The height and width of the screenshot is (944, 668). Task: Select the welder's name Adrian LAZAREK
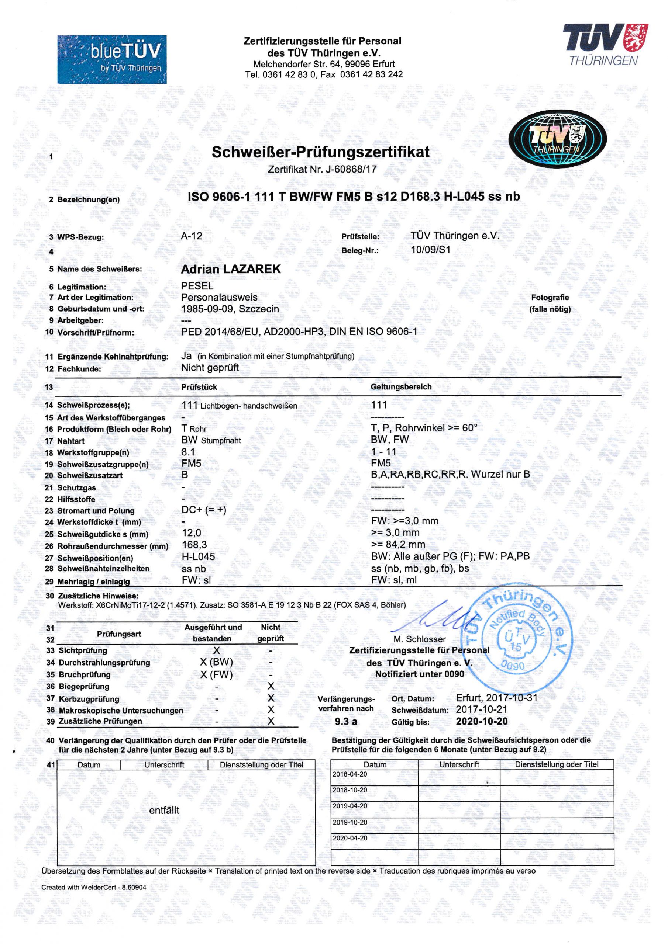tap(231, 269)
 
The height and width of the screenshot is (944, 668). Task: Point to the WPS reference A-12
tap(192, 236)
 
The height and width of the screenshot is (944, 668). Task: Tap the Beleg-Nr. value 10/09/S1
tap(430, 250)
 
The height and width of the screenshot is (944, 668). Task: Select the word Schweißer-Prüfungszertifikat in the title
tap(321, 152)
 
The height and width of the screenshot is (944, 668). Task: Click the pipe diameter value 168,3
tap(194, 545)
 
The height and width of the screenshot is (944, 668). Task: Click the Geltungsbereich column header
tap(401, 387)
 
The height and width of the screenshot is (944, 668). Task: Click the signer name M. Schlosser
tap(419, 639)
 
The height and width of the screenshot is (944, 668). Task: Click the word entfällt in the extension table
tap(164, 811)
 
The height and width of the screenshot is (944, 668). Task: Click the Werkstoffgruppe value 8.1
tap(188, 452)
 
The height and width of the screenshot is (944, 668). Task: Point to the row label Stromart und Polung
tap(96, 511)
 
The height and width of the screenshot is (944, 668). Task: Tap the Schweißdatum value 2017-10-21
tap(482, 709)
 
